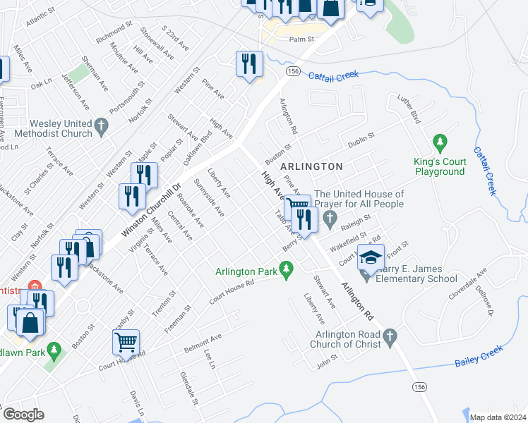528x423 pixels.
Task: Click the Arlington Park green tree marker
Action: tap(285, 270)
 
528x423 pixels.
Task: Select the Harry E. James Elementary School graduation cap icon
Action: tap(371, 259)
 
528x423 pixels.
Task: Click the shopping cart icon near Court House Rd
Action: tap(126, 343)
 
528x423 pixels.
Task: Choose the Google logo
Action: tap(23, 415)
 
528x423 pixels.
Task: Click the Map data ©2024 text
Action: tap(497, 417)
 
